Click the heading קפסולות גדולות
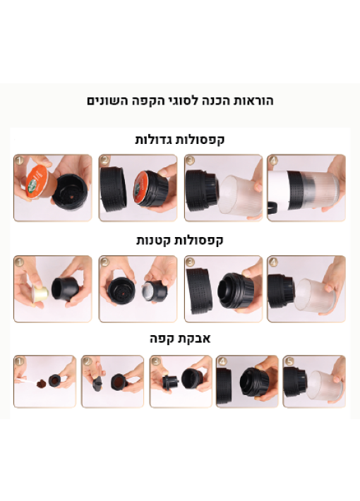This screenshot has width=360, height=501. click(x=180, y=140)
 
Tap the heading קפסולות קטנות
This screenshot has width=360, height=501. click(x=180, y=241)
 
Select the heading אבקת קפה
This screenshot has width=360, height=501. click(x=180, y=339)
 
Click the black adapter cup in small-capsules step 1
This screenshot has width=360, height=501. click(x=65, y=289)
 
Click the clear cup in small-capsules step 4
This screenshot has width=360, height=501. click(x=315, y=296)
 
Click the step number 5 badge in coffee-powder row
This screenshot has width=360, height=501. click(x=289, y=361)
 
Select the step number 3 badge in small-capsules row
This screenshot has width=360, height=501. click(x=190, y=262)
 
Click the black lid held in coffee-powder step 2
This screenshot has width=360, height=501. click(x=97, y=382)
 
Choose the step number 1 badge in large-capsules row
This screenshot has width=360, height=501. click(x=20, y=160)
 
